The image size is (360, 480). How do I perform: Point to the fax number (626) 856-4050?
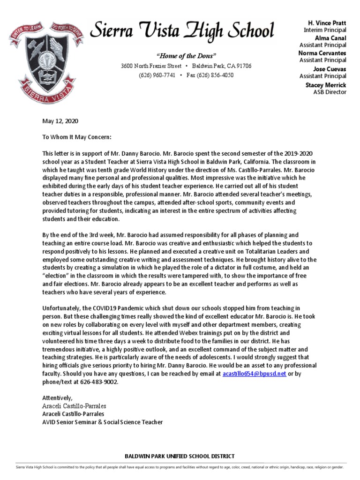210,75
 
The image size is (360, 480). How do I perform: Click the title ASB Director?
330,92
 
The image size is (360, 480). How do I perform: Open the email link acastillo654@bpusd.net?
254,374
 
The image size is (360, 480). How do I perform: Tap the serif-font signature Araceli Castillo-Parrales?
74,406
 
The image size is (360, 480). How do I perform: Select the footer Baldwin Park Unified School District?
180,456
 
